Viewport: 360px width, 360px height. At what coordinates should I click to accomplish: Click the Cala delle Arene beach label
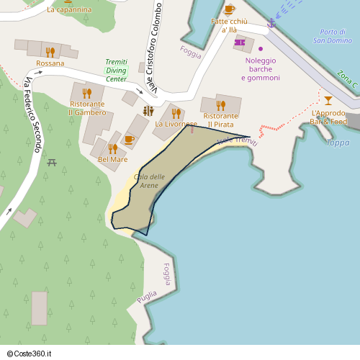pyautogui.click(x=148, y=181)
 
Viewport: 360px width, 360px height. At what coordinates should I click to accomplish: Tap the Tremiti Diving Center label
pyautogui.click(x=116, y=70)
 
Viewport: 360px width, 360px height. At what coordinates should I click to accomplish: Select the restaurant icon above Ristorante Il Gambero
pyautogui.click(x=87, y=93)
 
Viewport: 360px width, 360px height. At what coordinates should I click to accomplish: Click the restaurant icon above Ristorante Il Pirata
pyautogui.click(x=221, y=105)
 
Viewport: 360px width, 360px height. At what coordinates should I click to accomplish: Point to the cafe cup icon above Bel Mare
pyautogui.click(x=129, y=140)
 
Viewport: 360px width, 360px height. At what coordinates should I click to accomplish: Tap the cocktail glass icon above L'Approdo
pyautogui.click(x=328, y=100)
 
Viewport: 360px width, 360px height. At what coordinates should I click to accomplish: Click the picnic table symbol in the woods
pyautogui.click(x=52, y=162)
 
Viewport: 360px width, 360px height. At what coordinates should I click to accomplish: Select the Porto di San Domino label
pyautogui.click(x=332, y=36)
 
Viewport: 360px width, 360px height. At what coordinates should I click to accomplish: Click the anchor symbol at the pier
pyautogui.click(x=271, y=24)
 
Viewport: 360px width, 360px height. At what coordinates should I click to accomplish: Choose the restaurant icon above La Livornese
pyautogui.click(x=176, y=113)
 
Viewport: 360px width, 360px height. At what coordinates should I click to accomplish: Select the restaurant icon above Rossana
pyautogui.click(x=50, y=52)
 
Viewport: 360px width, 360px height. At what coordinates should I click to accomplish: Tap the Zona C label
pyautogui.click(x=346, y=79)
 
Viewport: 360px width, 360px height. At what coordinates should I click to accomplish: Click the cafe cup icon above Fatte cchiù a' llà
pyautogui.click(x=229, y=9)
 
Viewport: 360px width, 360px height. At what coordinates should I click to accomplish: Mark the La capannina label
pyautogui.click(x=69, y=9)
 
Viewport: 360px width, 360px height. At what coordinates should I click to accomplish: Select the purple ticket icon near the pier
pyautogui.click(x=240, y=42)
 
